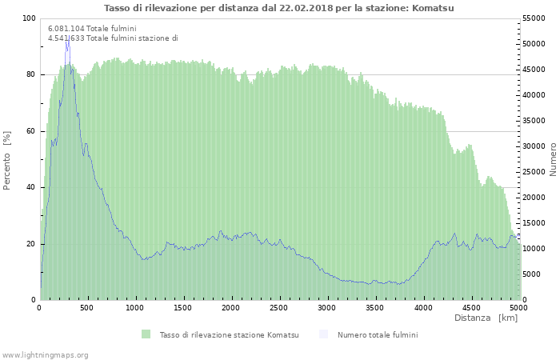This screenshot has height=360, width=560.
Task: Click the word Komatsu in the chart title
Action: click(433, 8)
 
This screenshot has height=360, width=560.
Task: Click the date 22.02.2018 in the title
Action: click(306, 8)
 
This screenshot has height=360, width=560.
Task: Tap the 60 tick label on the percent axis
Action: click(31, 131)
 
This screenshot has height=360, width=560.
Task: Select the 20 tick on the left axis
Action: click(31, 244)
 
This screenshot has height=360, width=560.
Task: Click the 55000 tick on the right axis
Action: click(534, 18)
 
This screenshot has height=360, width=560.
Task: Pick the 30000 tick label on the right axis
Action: click(534, 146)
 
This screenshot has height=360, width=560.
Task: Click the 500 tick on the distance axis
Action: click(86, 308)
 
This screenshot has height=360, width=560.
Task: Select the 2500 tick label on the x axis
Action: click(278, 308)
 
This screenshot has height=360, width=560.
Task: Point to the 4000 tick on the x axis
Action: click(423, 308)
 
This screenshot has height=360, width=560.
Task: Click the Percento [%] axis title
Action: click(6, 161)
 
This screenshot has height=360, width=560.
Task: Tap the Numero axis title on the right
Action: click(553, 159)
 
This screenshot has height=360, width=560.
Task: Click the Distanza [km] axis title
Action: click(486, 318)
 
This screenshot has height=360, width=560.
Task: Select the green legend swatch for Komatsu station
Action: click(146, 334)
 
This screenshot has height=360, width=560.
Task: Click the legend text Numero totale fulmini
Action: click(378, 334)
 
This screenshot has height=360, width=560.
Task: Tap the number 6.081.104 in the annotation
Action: click(66, 29)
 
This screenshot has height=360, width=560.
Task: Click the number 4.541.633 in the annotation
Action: click(66, 38)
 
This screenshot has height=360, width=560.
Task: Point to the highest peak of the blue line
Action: click(69, 36)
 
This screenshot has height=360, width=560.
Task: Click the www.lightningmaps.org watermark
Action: click(45, 355)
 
